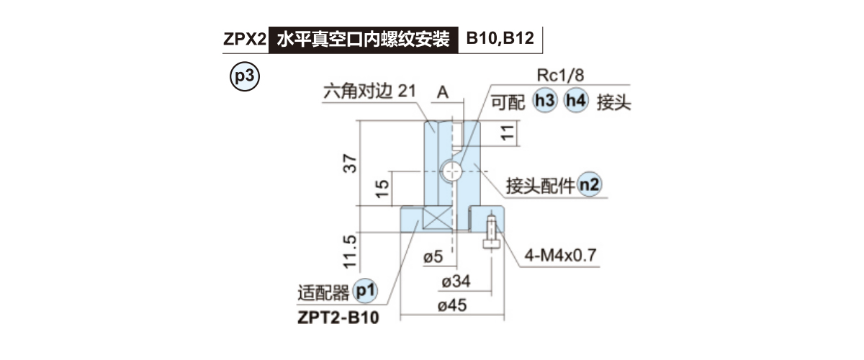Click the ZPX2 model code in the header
pyautogui.click(x=245, y=38)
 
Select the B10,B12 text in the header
pyautogui.click(x=500, y=38)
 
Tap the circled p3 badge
pyautogui.click(x=243, y=76)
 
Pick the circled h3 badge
pyautogui.click(x=545, y=102)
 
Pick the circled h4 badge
pyautogui.click(x=576, y=102)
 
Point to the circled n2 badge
pyautogui.click(x=590, y=185)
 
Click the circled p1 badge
pyautogui.click(x=366, y=292)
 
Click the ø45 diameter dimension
pyautogui.click(x=451, y=305)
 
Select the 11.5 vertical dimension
pyautogui.click(x=351, y=249)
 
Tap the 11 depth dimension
pyautogui.click(x=508, y=132)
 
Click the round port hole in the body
pyautogui.click(x=451, y=171)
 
